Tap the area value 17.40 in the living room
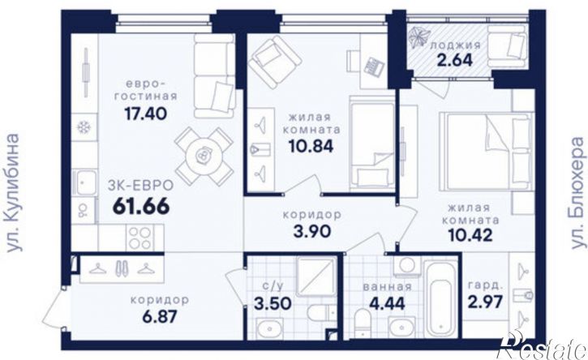coord(145,114)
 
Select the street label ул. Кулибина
coord(13,192)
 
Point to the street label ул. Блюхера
coord(577,192)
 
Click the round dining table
coord(204,155)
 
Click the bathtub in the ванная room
coord(440,298)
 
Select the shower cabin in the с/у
coord(316,276)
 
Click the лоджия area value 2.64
coord(454,60)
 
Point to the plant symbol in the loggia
coord(418,38)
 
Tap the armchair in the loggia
coord(507,44)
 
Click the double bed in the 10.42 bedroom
coord(487,150)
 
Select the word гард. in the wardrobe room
coord(484,285)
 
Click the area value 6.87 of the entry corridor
coord(160,317)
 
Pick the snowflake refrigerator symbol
coord(84,127)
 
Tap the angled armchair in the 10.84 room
coord(275,58)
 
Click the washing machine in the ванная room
coord(407,266)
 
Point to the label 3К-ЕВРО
coord(140,185)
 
